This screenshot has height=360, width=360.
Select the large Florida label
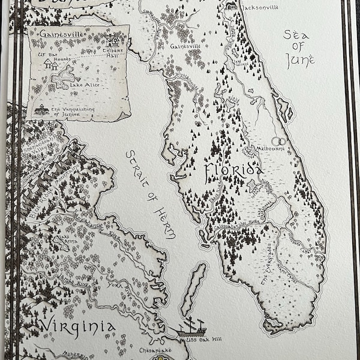[x=235, y=172]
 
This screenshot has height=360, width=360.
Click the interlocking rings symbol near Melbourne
[x=279, y=142]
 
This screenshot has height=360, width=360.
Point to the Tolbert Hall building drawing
[x=112, y=41]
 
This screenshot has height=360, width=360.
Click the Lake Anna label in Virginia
[x=67, y=243]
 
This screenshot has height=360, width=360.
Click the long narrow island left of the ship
[x=189, y=287]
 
